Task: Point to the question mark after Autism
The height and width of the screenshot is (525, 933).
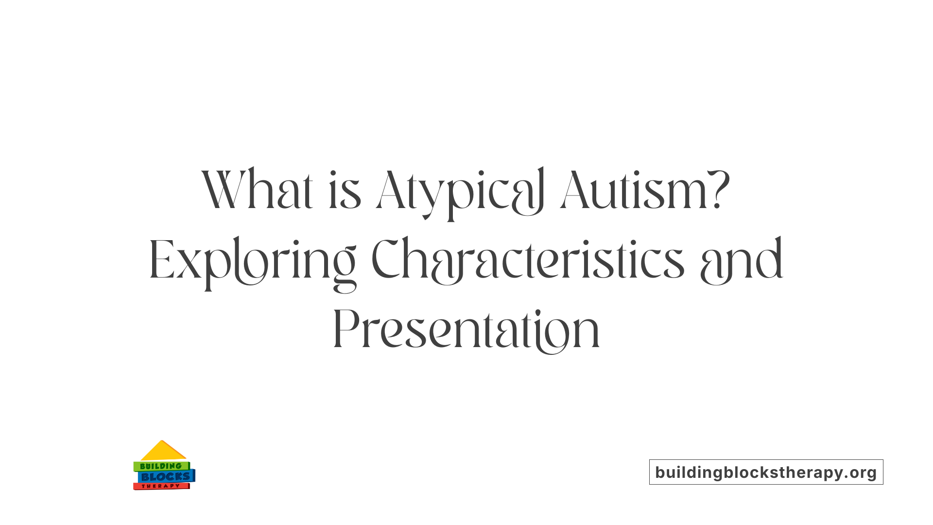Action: tap(719, 190)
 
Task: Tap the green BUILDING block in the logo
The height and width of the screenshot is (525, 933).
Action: tap(161, 466)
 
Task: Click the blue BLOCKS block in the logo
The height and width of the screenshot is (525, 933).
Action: tap(165, 477)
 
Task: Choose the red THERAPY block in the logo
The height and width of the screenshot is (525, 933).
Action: tap(161, 486)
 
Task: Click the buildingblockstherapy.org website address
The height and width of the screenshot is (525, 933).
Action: tap(766, 472)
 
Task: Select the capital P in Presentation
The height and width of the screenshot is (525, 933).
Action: tap(346, 329)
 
